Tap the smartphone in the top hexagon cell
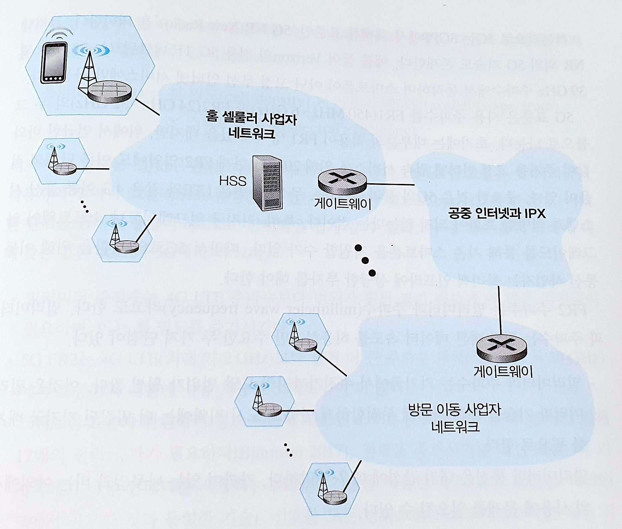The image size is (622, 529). (53, 63)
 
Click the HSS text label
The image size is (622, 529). (233, 181)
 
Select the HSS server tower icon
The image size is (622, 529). (267, 183)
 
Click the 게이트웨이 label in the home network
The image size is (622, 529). (343, 204)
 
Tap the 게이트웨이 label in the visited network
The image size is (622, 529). (503, 371)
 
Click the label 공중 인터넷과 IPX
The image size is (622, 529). (497, 213)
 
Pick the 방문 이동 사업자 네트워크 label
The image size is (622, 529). (455, 418)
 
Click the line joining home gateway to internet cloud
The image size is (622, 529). (390, 184)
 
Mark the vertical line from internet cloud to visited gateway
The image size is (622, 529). (500, 310)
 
